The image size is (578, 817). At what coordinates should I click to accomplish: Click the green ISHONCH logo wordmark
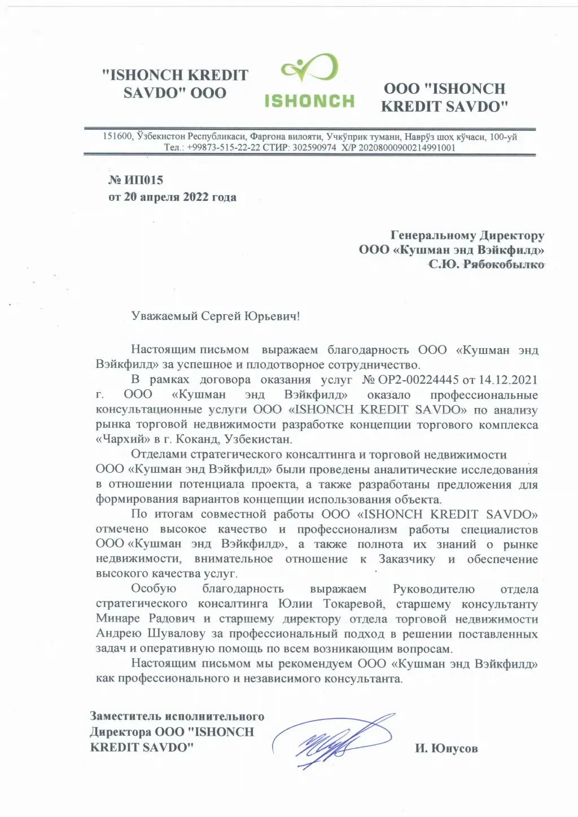309,100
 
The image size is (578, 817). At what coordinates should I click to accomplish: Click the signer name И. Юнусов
446,748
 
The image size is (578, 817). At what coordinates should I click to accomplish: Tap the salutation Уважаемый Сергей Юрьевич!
215,316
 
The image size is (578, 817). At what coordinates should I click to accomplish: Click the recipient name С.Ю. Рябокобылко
486,264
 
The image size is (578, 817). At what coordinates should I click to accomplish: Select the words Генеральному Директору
467,235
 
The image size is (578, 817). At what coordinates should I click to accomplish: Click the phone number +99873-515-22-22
223,147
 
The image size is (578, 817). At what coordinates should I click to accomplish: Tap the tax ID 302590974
314,147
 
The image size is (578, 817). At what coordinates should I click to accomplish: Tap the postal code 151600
117,137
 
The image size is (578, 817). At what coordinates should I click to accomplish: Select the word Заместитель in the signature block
125,716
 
